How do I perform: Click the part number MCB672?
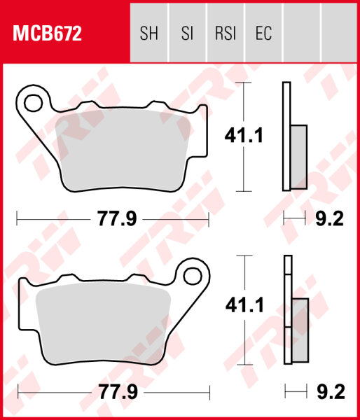click(45, 32)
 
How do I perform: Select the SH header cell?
click(149, 33)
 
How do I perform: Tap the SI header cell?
click(187, 33)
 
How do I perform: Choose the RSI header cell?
click(225, 33)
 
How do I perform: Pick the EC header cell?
click(263, 33)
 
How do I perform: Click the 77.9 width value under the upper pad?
click(116, 220)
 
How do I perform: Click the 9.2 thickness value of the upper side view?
click(329, 220)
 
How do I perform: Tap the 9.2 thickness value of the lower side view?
click(329, 392)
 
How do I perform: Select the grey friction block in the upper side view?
click(298, 157)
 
